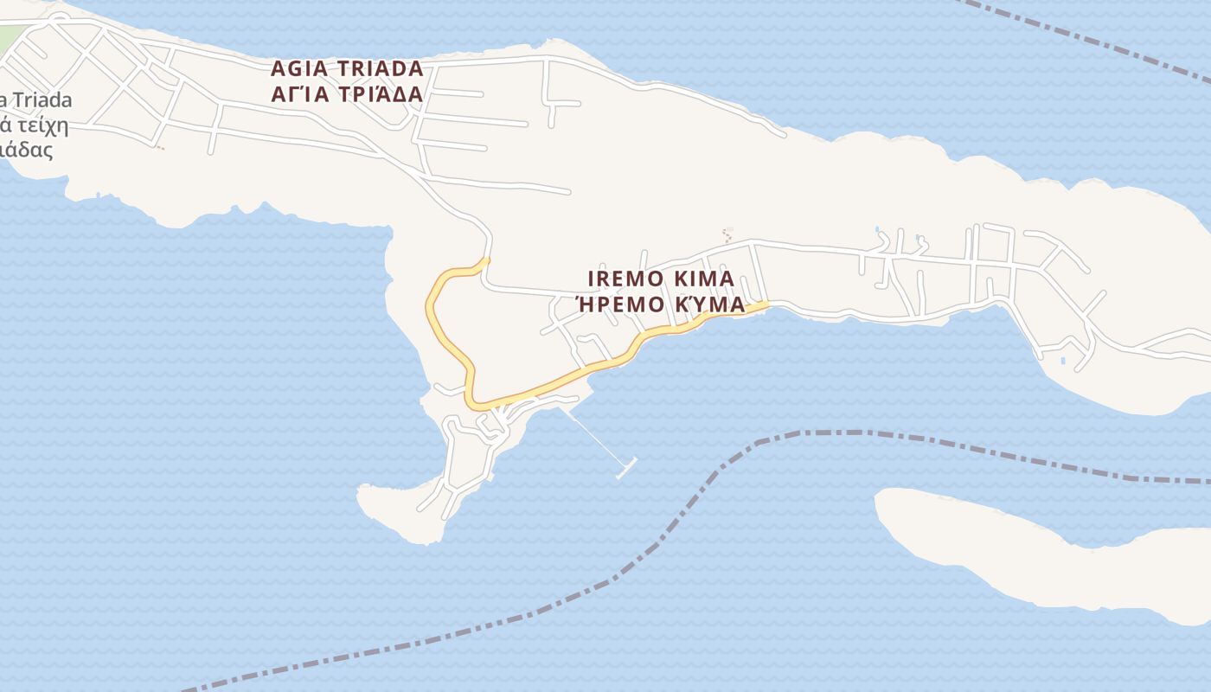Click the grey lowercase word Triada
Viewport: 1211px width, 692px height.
pos(40,100)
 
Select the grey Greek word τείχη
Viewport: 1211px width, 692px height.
pos(40,125)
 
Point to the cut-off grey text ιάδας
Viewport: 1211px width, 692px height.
pos(28,150)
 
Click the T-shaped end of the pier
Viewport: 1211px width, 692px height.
pos(627,468)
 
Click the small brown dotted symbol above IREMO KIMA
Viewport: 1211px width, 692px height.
pos(727,234)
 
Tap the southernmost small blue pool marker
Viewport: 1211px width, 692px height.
pos(1063,360)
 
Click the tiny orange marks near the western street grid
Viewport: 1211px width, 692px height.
pos(160,148)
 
